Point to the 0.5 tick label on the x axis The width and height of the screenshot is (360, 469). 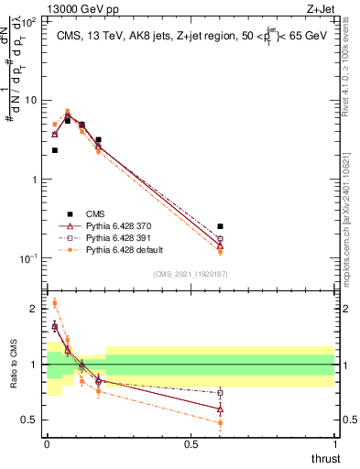click(191, 443)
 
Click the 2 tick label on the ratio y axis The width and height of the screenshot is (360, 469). click(35, 309)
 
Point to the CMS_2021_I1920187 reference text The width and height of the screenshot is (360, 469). click(190, 273)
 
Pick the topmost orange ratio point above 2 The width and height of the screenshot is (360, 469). click(54, 303)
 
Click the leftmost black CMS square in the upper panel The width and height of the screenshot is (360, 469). click(55, 150)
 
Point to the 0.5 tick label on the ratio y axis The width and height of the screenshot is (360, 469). click(32, 420)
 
